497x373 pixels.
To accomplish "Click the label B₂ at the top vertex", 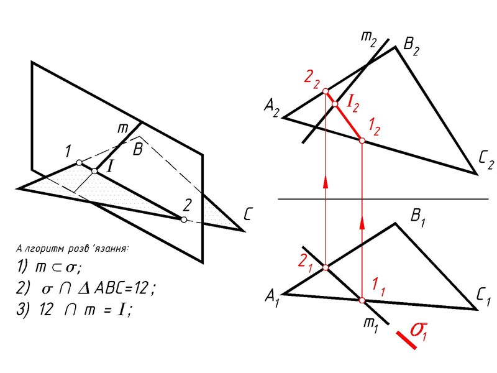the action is tap(413, 44).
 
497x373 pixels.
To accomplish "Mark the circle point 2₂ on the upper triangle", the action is tap(326, 91).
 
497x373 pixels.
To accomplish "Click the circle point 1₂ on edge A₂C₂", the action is tap(362, 141).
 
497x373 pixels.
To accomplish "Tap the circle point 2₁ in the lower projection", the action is tap(326, 268).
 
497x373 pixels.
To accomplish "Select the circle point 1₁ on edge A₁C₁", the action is tap(362, 301).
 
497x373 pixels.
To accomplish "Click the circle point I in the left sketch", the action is tap(94, 170).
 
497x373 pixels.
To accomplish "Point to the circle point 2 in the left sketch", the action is tap(183, 219).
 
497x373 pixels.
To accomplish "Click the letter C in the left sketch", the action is tap(247, 216).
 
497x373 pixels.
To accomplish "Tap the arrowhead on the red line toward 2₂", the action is tap(326, 180).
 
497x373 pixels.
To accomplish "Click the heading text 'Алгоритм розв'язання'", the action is tap(72, 249).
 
